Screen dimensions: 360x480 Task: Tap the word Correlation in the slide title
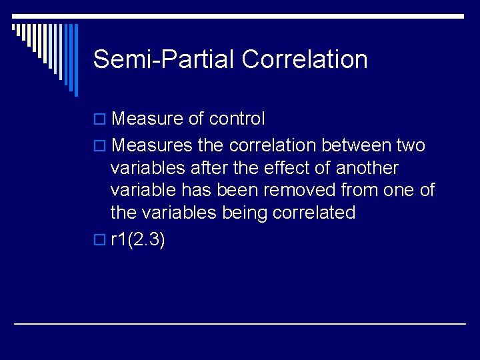[x=305, y=59]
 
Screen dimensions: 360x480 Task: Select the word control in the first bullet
[x=237, y=119]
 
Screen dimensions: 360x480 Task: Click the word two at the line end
[x=411, y=145]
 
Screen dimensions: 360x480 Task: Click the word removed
[x=299, y=191]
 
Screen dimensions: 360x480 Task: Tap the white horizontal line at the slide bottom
[x=240, y=324]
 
